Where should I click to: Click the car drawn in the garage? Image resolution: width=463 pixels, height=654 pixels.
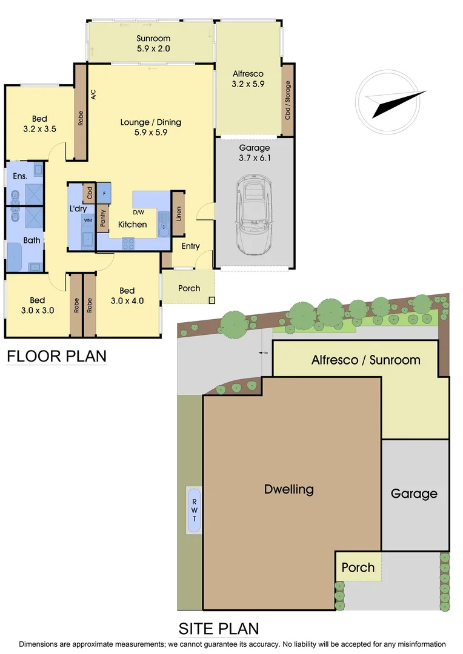(255, 215)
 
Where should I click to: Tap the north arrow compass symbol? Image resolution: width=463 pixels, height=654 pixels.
(391, 100)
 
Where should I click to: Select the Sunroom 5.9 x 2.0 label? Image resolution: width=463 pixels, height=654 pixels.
(153, 44)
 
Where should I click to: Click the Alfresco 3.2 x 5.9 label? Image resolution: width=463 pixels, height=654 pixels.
(248, 79)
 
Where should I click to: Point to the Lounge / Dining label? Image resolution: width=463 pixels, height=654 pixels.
(150, 127)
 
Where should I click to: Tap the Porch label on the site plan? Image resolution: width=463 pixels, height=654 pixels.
(358, 567)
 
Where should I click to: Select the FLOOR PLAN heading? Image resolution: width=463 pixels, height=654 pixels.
(56, 356)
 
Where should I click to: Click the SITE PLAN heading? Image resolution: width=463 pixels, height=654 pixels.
(218, 628)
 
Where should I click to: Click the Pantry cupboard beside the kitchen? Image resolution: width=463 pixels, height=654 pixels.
(103, 218)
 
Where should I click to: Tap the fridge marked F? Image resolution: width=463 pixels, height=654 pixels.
(104, 193)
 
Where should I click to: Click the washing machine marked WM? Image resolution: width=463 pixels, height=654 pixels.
(88, 220)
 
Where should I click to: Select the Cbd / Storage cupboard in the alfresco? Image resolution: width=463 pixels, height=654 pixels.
(288, 100)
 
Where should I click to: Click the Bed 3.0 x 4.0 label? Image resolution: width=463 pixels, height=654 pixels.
(127, 295)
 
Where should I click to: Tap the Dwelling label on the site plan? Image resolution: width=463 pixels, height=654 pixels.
(289, 489)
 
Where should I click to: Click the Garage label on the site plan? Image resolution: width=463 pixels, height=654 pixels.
(414, 494)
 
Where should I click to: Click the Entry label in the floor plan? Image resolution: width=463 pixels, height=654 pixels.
(190, 246)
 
